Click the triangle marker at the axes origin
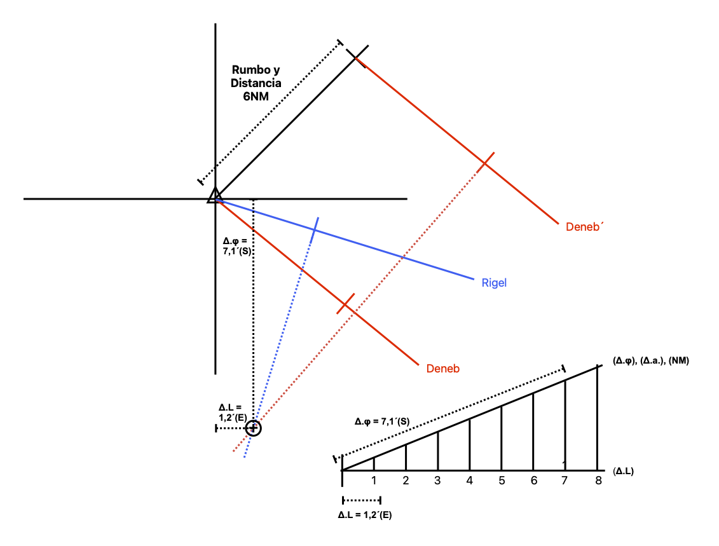[215, 195]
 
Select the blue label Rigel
[494, 283]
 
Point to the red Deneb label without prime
[442, 369]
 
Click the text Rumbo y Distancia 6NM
[256, 83]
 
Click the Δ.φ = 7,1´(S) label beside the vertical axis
[237, 246]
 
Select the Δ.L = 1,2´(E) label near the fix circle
[233, 412]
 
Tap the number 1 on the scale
[374, 481]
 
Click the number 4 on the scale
[469, 481]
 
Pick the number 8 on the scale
[598, 481]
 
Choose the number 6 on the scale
[534, 481]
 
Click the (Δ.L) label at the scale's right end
[623, 471]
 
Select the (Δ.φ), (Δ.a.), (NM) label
[651, 361]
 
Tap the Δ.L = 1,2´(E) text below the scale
[364, 515]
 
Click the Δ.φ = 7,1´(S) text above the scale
[382, 421]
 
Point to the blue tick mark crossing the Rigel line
[315, 229]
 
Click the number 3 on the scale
[437, 481]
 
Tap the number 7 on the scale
[565, 481]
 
